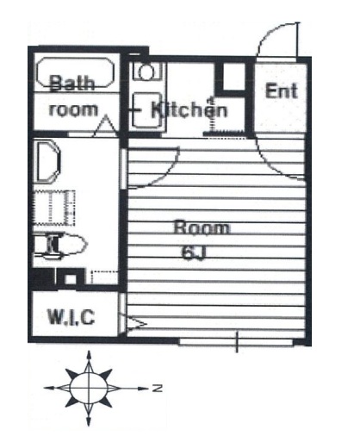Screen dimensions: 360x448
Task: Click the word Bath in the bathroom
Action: pos(72,83)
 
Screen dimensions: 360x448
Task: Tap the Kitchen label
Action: pos(189,109)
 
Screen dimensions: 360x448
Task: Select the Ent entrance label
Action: pos(282,90)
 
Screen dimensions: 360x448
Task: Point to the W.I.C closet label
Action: pos(71,317)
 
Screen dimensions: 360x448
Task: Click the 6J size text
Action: pos(194,253)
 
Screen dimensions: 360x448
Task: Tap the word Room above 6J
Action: pos(202,227)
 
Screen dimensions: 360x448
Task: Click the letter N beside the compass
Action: pos(158,389)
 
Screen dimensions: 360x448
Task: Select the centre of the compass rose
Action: pos(89,388)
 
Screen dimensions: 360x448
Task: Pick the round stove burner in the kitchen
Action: pos(146,72)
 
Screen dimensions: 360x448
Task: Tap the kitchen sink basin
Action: pos(146,110)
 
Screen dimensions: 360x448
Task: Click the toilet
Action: pos(60,245)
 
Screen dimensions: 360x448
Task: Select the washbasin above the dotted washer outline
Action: pos(47,161)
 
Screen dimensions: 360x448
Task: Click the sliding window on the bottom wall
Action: pos(236,342)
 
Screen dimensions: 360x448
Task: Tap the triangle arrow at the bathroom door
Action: pos(106,125)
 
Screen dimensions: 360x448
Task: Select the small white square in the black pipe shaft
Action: pos(70,279)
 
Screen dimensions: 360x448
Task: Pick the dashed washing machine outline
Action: pos(54,208)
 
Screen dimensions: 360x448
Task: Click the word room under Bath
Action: pos(73,109)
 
